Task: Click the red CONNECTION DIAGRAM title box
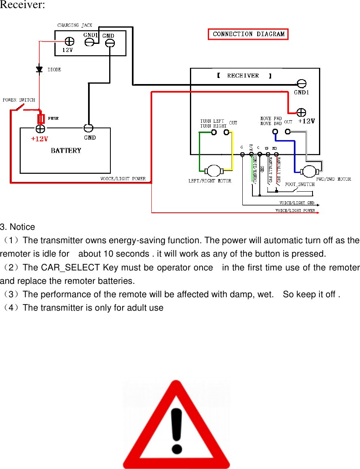point(248,34)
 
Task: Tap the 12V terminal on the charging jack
point(69,41)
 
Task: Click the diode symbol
point(39,70)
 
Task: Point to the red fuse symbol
point(41,119)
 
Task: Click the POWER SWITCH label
point(19,100)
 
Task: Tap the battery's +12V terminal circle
point(40,129)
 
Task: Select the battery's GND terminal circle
point(88,128)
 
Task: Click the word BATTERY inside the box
point(66,151)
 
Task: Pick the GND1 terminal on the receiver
point(301,84)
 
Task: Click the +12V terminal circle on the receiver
point(301,112)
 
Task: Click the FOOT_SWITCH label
point(300,184)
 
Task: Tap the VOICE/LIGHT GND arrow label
point(297,203)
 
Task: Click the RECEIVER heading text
point(243,76)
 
